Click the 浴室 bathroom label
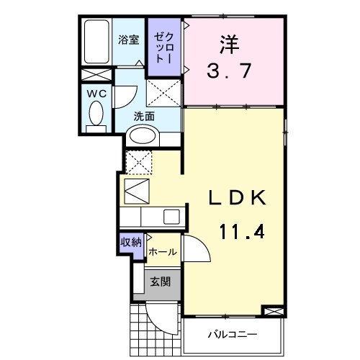pos(129,41)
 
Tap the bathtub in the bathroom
pos(94,42)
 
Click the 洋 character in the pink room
pos(228,43)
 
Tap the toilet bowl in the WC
pos(95,113)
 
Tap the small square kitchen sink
pos(171,216)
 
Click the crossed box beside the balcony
pos(274,311)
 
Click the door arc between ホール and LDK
pos(196,248)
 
